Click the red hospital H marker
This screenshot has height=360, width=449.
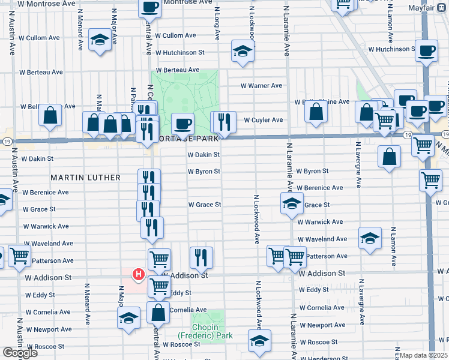139,275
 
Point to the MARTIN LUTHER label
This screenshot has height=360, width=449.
86,178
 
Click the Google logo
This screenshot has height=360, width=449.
19,353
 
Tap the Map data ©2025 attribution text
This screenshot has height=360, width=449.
424,356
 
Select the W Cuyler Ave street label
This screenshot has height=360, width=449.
263,120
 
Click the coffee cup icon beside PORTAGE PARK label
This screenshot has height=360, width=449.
183,124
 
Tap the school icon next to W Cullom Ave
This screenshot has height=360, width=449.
100,40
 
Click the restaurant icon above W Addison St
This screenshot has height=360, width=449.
201,257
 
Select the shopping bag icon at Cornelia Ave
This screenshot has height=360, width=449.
158,312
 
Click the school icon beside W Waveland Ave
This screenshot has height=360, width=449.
370,238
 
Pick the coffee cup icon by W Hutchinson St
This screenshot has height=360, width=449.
427,51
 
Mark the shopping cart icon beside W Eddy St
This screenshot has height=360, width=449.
159,286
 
